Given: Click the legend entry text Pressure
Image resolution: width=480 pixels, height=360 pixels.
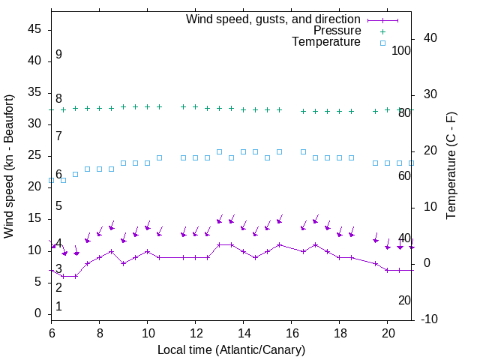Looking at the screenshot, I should (337, 31).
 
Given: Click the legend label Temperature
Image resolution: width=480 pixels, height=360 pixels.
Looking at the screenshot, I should (326, 42).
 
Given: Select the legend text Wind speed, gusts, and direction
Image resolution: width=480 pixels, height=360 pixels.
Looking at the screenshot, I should (274, 19).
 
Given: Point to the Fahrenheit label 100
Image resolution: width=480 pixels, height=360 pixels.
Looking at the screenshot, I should (402, 51).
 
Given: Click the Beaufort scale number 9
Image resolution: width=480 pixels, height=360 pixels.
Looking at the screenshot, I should (58, 55).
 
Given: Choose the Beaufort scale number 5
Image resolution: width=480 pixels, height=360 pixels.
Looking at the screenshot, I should (58, 206).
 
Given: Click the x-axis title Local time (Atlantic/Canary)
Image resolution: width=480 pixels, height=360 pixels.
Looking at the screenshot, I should (232, 349).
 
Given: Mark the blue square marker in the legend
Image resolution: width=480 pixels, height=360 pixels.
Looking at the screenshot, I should (382, 43).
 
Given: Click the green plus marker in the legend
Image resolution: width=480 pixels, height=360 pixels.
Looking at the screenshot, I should (382, 31).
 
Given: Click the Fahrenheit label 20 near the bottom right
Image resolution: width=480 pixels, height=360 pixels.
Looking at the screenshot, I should (404, 300).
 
